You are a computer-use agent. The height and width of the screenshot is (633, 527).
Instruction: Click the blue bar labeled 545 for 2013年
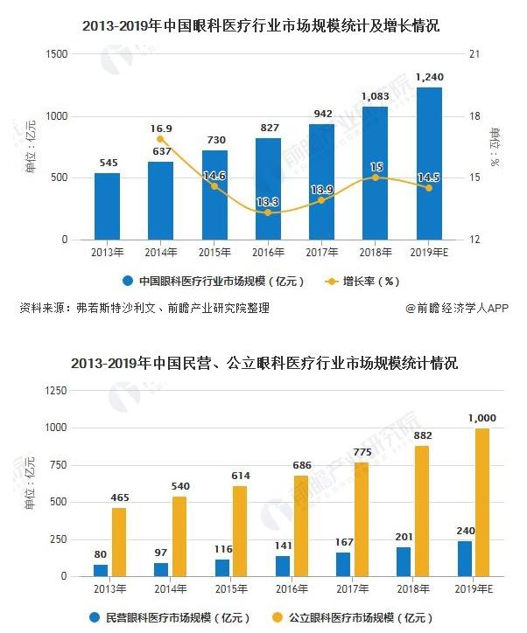[x=107, y=206]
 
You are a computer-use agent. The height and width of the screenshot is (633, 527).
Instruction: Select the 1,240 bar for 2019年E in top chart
[x=429, y=163]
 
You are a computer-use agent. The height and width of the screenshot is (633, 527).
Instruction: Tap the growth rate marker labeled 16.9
[x=161, y=139]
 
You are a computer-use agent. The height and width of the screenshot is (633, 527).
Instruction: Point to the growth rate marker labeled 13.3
[x=268, y=212]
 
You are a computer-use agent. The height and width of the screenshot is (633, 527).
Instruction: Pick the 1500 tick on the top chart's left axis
[x=57, y=54]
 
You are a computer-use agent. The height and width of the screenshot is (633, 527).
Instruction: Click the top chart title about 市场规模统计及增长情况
[x=263, y=27]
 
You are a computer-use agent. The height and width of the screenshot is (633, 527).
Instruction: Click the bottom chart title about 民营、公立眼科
[x=263, y=363]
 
